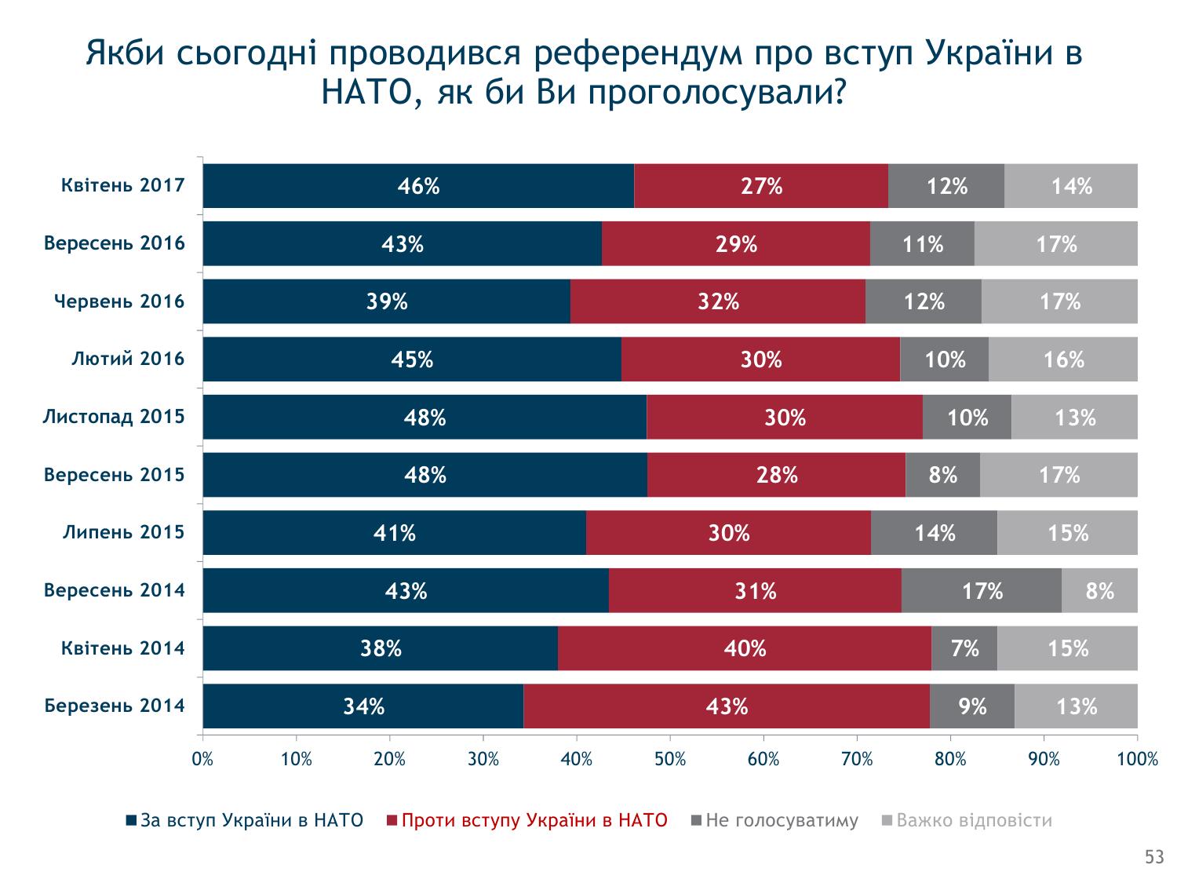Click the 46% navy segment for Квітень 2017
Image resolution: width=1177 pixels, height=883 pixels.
coord(418,186)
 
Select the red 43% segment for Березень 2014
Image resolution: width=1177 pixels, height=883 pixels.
coord(727,706)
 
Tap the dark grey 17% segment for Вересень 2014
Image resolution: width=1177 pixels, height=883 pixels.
coord(982,590)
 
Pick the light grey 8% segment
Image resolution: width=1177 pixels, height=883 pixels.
coord(1099,590)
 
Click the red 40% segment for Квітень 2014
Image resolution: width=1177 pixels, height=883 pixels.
coord(745,648)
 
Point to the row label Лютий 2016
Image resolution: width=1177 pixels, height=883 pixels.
coord(128,359)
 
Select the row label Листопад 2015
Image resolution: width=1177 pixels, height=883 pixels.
coord(114,417)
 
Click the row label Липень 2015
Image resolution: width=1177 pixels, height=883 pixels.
coord(124,533)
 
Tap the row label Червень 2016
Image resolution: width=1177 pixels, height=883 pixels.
coord(119,301)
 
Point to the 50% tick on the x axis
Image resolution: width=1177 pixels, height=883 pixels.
coord(670,759)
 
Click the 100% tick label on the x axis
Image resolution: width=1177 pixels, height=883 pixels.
coord(1137,759)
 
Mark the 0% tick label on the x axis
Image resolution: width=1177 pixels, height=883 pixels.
coord(203,759)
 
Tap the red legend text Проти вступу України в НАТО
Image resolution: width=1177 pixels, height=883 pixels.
coord(534,821)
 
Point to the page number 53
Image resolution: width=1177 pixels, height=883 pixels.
coord(1154,858)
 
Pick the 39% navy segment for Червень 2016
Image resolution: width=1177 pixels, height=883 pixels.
coord(387,301)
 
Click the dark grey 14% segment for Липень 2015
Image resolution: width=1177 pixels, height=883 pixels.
coord(934,533)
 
